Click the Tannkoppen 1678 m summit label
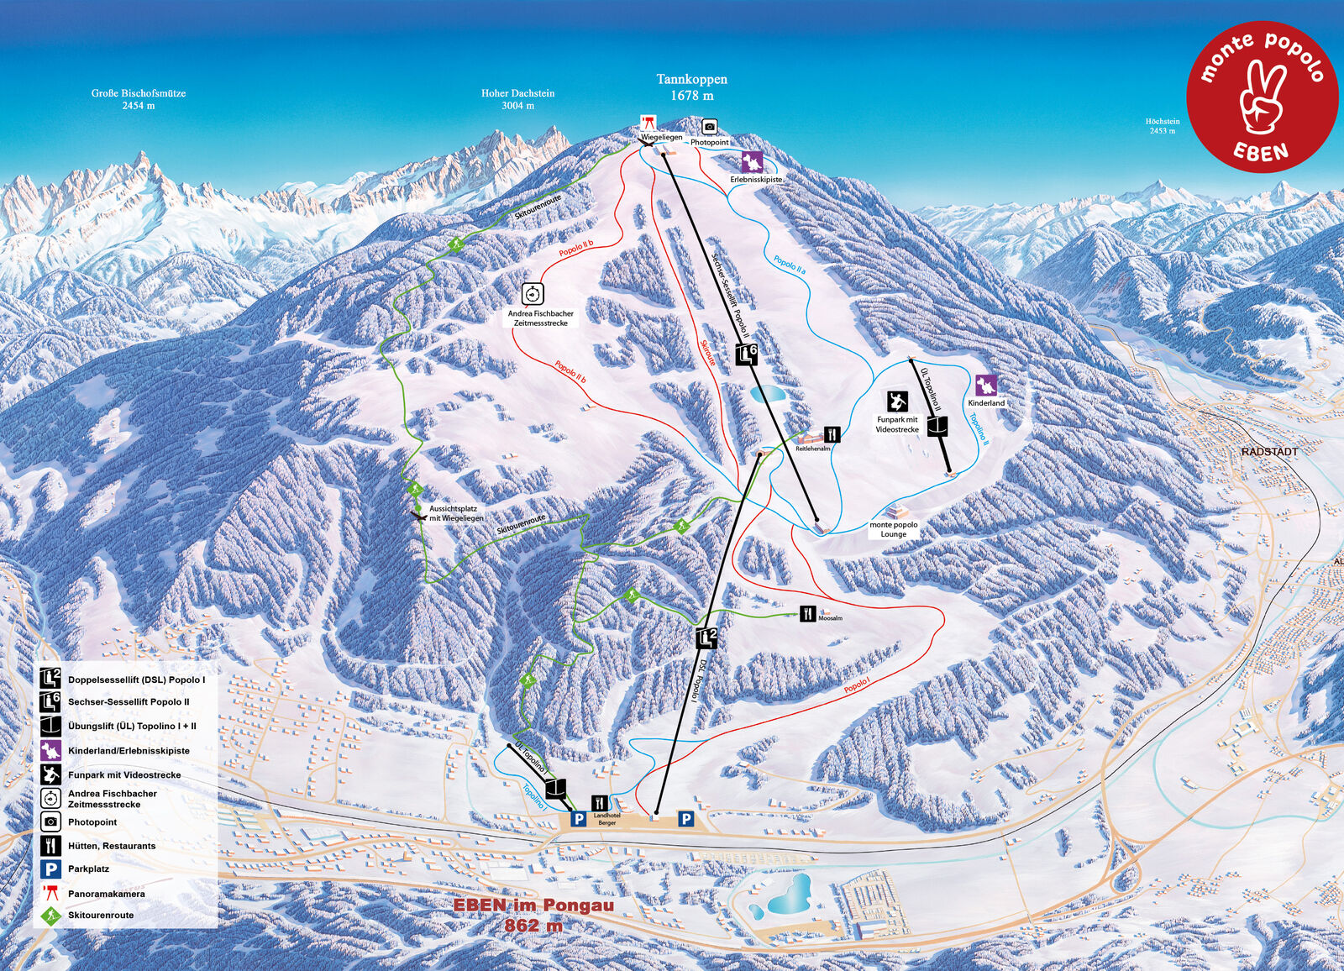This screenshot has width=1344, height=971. click(691, 87)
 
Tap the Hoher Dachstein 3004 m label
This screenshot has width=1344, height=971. click(517, 99)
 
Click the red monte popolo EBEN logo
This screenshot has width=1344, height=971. click(1262, 97)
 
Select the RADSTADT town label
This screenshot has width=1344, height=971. click(1269, 452)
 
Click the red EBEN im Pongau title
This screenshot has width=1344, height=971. click(533, 906)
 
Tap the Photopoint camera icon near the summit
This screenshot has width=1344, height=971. click(710, 127)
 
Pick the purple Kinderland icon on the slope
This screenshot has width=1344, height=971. click(985, 386)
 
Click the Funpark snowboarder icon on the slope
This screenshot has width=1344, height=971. click(897, 402)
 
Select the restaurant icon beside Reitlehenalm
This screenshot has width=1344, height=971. click(832, 434)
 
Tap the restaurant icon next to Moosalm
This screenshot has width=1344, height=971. click(807, 613)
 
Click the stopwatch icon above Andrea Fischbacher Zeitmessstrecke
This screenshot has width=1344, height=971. click(533, 294)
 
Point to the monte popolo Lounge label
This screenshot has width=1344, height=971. click(893, 529)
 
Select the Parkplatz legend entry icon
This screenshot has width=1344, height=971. click(51, 869)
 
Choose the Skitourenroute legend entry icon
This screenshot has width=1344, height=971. click(51, 915)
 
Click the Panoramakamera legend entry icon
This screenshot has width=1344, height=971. click(51, 893)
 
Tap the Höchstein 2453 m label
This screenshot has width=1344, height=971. click(1162, 126)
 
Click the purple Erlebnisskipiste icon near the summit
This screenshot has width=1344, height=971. click(752, 161)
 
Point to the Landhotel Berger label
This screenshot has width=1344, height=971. click(606, 819)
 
